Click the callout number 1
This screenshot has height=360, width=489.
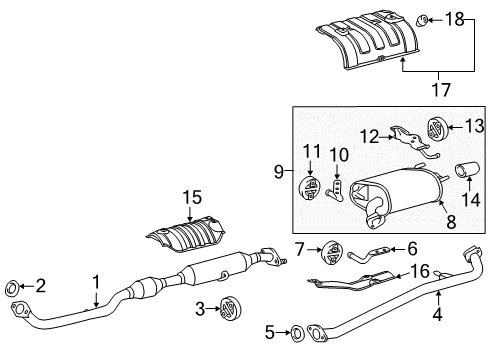pyautogui.click(x=97, y=283)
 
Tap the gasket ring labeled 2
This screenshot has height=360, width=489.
pyautogui.click(x=14, y=287)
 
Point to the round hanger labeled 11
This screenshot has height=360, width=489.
pyautogui.click(x=309, y=187)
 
